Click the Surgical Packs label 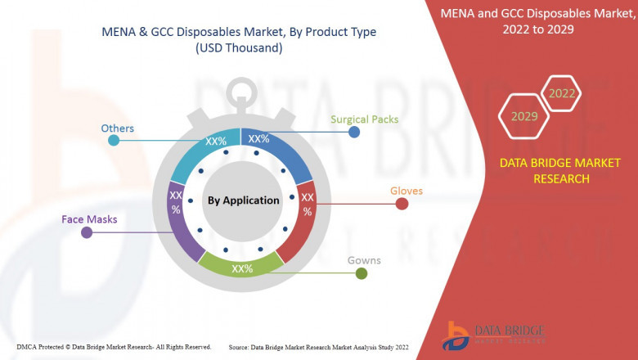364,119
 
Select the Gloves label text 406,191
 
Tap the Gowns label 363,260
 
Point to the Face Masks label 89,219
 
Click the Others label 117,128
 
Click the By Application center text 243,200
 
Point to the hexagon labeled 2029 524,116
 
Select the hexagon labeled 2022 562,93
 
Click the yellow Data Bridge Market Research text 560,170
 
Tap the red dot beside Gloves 402,204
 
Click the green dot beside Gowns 362,273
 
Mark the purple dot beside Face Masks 87,233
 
